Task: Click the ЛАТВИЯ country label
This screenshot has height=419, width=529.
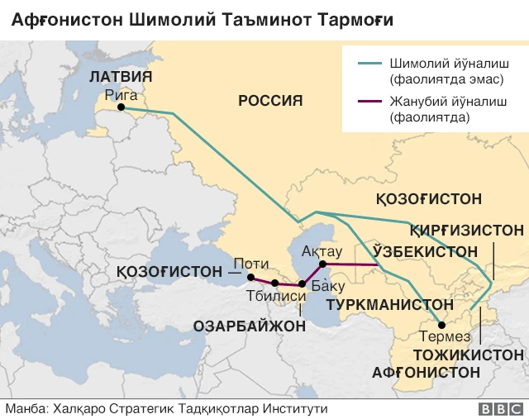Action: (120, 77)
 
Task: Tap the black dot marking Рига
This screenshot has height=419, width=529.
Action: (121, 107)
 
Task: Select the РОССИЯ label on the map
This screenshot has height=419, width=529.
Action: (270, 101)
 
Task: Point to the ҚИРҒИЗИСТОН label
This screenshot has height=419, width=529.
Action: (467, 230)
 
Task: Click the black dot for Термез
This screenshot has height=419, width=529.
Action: (441, 325)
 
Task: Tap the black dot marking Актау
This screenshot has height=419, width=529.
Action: (323, 264)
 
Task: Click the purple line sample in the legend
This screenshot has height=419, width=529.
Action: (368, 102)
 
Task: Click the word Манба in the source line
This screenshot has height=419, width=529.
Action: (24, 408)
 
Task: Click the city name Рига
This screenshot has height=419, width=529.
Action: (121, 94)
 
